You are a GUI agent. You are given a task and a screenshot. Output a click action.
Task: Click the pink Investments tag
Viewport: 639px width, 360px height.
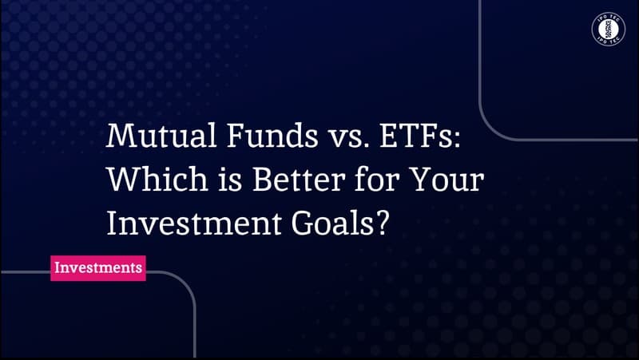point(98,267)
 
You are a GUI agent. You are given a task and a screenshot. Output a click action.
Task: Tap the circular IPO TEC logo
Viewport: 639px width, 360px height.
point(609,30)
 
